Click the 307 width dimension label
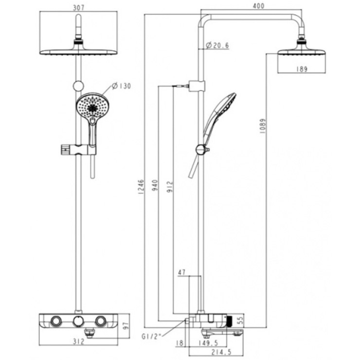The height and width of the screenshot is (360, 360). coord(78,8)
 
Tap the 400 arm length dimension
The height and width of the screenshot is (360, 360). coord(258,6)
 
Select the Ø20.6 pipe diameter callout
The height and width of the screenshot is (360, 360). coord(217,45)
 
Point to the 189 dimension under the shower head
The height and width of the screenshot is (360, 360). coord(302,69)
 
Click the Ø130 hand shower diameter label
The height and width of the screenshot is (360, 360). coord(121,86)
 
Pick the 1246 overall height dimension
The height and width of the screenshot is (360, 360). coord(141,187)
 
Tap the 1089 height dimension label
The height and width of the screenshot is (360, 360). coord(263,126)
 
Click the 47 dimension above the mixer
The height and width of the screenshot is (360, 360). coord(181,272)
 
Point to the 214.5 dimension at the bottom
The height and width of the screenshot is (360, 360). coord(222,352)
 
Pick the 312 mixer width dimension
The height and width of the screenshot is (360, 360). coord(78,342)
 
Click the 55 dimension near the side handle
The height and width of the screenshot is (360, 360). coord(240,320)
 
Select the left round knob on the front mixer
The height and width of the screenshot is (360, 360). coord(56,321)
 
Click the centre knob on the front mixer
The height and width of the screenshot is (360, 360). coord(78,321)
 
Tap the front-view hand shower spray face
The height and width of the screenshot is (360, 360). coord(92,107)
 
